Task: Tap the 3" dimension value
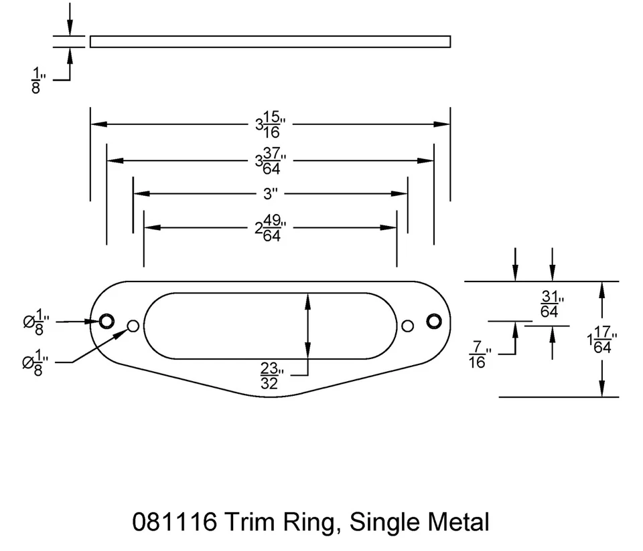(x=271, y=194)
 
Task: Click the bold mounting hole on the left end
(x=106, y=322)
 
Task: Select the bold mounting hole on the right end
(x=433, y=322)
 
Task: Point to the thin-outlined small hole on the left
(x=133, y=326)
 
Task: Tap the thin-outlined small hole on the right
(x=407, y=326)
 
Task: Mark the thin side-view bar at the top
(x=270, y=42)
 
